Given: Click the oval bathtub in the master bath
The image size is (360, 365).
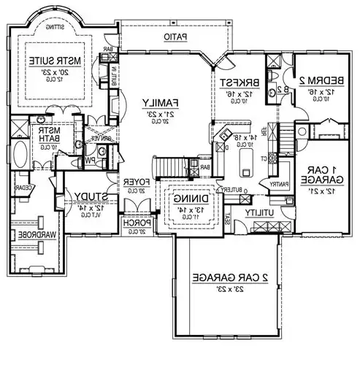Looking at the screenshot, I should click(20, 155).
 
